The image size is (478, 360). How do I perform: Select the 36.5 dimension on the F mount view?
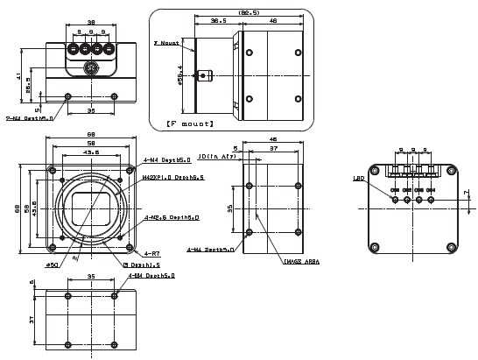pos(220,21)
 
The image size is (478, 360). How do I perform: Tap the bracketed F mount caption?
pos(190,124)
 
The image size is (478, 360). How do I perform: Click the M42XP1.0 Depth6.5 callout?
pos(172,177)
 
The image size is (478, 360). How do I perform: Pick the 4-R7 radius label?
pos(151,252)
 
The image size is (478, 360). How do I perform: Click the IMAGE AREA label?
pos(300,260)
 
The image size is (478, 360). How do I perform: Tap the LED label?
pos(358,179)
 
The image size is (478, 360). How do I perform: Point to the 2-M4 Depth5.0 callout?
pos(29,117)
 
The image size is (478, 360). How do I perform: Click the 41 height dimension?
pos(18,76)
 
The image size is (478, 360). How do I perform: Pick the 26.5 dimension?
pos(28,88)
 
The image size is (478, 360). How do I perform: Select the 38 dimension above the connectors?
pos(90,21)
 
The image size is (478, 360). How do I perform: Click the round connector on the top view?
pos(90,68)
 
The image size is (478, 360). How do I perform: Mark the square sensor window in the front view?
pos(90,208)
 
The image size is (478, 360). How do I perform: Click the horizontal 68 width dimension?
pos(90,134)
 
